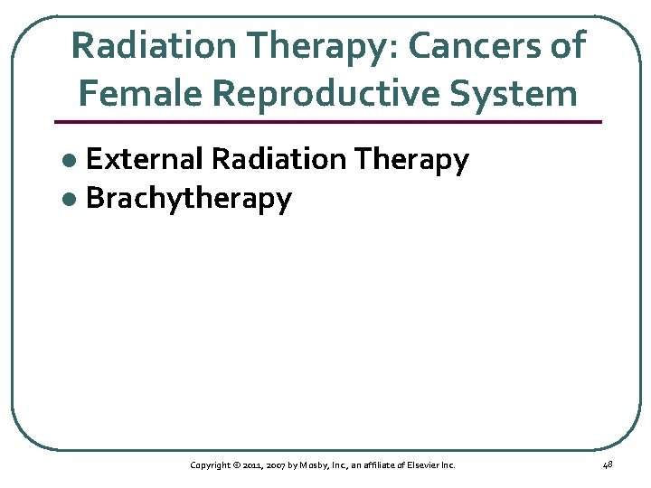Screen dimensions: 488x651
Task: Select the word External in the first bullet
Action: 145,160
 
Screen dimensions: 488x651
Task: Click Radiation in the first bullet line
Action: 279,160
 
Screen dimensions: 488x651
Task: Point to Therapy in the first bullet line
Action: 412,161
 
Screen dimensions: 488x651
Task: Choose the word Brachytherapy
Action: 189,200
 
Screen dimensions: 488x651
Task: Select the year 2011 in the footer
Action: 252,465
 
